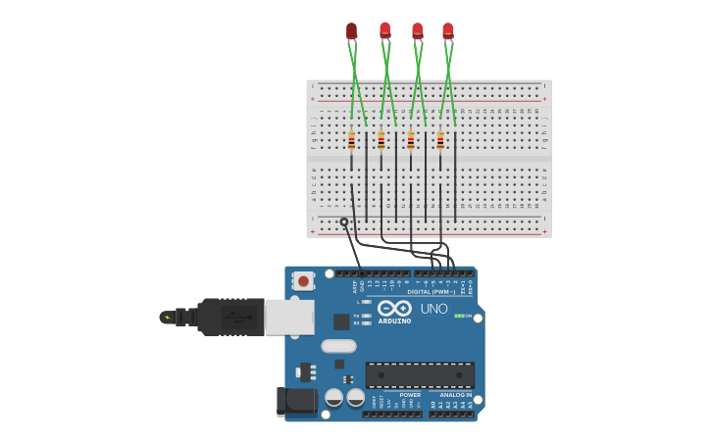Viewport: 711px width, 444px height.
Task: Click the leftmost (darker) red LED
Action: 351,31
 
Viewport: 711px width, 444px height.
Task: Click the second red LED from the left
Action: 384,30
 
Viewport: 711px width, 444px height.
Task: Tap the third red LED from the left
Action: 417,30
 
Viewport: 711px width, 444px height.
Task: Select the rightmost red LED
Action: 448,30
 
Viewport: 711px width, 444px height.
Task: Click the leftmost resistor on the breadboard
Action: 351,142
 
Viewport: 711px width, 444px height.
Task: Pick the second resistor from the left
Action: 381,142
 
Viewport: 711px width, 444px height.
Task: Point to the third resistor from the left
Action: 411,142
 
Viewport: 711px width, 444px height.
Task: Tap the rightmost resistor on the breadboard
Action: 440,142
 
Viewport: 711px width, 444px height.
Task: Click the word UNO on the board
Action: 433,309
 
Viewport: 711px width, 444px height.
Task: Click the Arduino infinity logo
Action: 394,308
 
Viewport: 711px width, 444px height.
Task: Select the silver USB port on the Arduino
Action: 289,317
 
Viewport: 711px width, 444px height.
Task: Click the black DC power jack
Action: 296,401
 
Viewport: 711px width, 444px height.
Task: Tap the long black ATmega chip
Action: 420,374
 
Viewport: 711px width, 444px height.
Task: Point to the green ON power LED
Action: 457,316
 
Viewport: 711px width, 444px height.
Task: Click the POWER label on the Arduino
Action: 410,395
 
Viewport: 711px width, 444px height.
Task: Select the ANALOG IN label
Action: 454,395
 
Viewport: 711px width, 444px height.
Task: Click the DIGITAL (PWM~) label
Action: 432,292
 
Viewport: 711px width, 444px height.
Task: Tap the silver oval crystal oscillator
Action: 338,345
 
